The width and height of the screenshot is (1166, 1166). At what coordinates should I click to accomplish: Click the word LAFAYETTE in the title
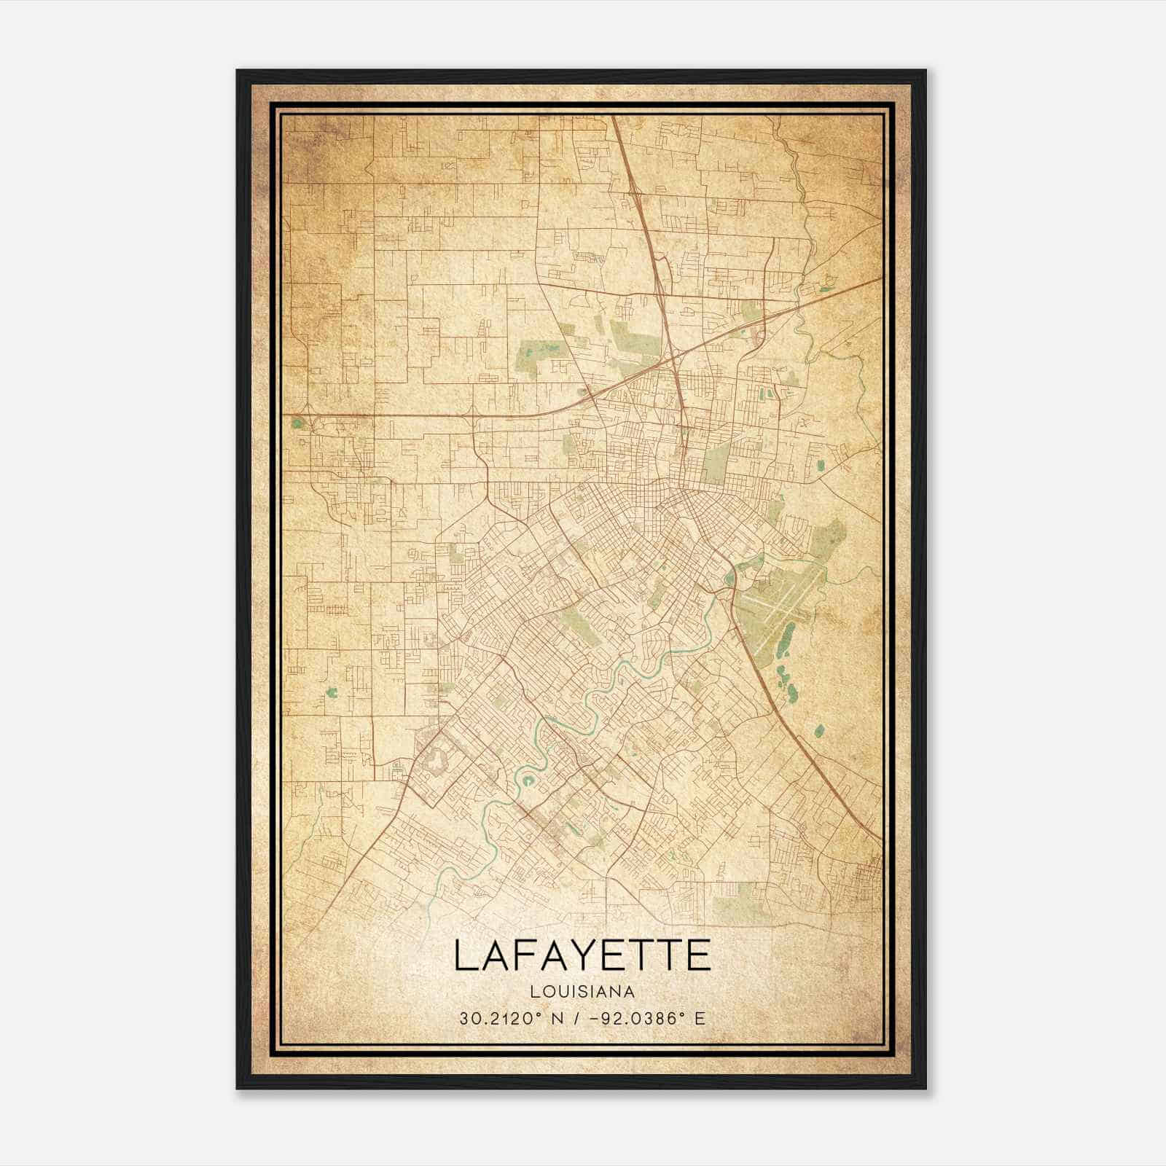[x=582, y=955]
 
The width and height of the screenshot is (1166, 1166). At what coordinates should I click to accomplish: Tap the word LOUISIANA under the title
[x=582, y=991]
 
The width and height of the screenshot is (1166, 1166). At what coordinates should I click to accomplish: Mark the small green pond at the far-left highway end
[x=297, y=421]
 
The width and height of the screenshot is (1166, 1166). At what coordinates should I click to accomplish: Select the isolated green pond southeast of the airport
[x=818, y=729]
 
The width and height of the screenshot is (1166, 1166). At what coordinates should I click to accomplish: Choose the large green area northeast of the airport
[x=831, y=540]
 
